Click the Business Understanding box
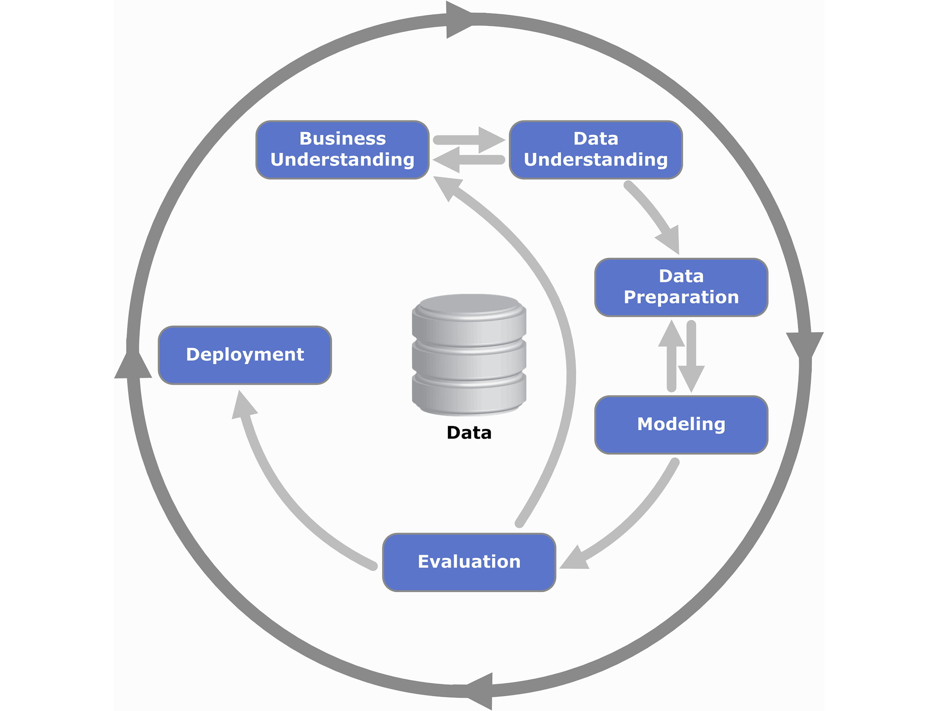tap(342, 150)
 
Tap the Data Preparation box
tap(681, 287)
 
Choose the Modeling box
tap(681, 425)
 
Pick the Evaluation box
tap(469, 562)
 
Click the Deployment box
tap(245, 355)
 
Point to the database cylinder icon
tap(469, 355)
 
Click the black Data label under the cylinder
tap(469, 433)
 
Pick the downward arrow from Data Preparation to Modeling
tap(691, 356)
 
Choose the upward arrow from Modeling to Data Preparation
tap(671, 356)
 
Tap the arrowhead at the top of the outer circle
tap(458, 20)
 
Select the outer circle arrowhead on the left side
tap(133, 365)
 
